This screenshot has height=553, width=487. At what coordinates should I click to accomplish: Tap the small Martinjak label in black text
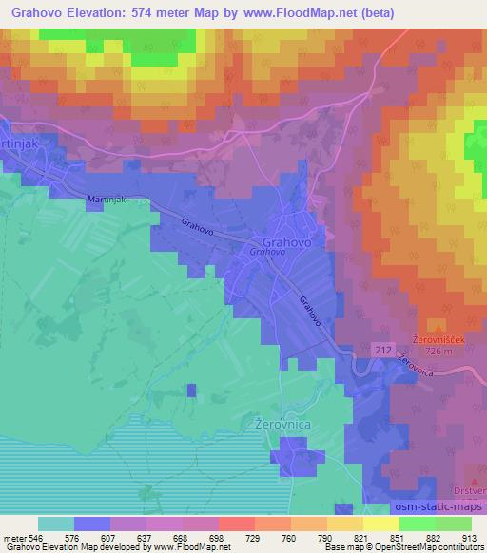106,200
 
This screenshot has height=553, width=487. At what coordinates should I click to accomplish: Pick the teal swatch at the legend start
55,524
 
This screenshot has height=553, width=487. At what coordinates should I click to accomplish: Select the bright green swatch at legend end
453,524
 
